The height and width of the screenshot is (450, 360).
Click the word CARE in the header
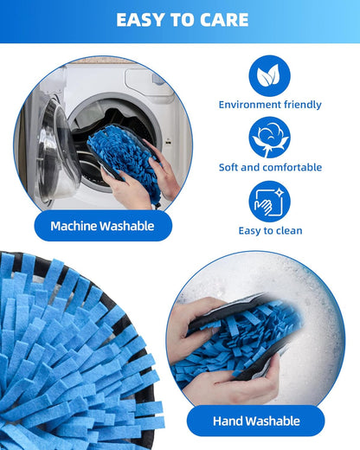(224, 20)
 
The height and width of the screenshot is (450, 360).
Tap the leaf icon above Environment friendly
(269, 76)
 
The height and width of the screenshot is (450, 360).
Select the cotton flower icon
(269, 138)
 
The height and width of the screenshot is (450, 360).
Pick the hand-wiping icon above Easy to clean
(269, 202)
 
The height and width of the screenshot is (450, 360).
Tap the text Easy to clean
(270, 231)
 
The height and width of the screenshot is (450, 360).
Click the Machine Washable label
(103, 226)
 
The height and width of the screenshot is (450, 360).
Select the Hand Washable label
(255, 421)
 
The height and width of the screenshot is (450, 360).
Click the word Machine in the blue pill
(74, 226)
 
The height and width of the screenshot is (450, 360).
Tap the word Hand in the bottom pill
(226, 421)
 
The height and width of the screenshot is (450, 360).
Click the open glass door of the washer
(58, 151)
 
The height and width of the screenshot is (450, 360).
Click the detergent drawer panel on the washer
(145, 80)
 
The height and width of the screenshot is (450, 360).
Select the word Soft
(228, 167)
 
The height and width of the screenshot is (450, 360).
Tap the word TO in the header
(183, 20)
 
